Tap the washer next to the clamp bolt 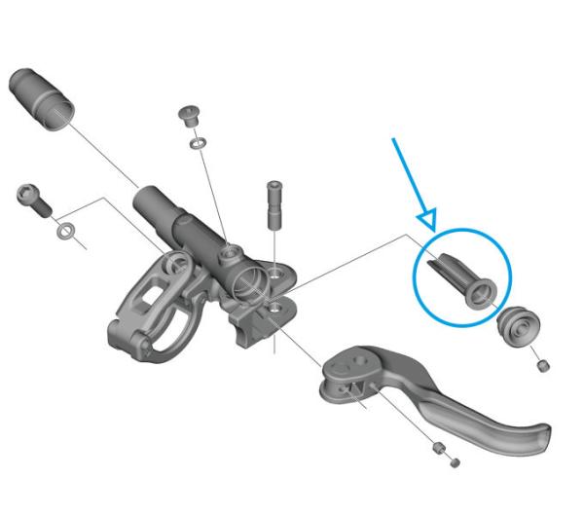(65, 232)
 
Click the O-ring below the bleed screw (196, 143)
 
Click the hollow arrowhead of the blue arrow (426, 218)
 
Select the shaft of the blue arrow (408, 174)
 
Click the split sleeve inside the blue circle (462, 277)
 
